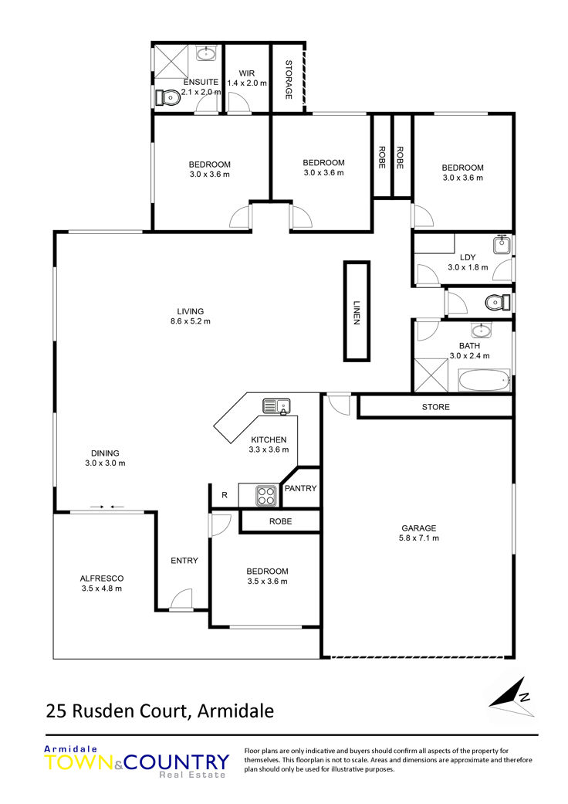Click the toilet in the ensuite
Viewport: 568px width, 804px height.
click(x=167, y=97)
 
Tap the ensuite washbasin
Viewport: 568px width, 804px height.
click(x=207, y=53)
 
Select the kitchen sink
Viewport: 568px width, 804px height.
click(x=276, y=406)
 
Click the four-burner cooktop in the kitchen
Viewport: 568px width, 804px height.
click(x=266, y=495)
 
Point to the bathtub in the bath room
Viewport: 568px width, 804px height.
click(x=483, y=381)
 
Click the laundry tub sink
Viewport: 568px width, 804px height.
click(x=502, y=245)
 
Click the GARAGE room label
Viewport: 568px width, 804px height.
click(x=419, y=528)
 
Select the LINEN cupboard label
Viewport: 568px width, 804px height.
click(x=357, y=312)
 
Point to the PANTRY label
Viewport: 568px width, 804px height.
click(x=301, y=488)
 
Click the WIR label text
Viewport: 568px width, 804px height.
click(x=247, y=73)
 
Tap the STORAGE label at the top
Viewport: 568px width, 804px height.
click(x=289, y=80)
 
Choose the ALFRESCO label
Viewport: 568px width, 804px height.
click(x=102, y=578)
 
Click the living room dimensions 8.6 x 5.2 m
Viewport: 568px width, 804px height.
click(x=191, y=321)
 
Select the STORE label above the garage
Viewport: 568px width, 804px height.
click(x=436, y=406)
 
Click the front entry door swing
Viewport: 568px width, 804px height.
click(x=181, y=599)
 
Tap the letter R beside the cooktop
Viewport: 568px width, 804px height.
click(x=225, y=495)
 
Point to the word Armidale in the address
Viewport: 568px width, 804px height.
click(x=235, y=711)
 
